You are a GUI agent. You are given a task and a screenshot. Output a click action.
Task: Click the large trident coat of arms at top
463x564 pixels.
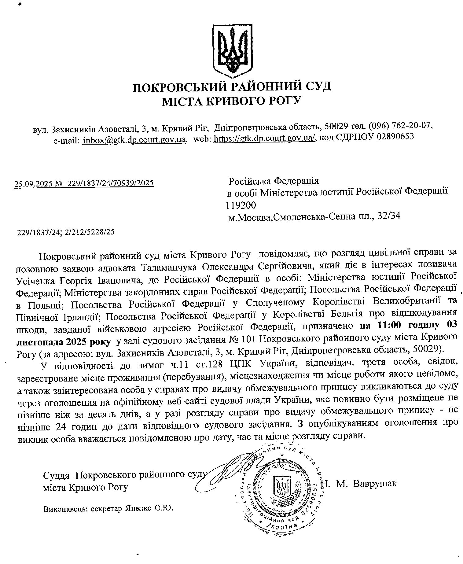click(232, 48)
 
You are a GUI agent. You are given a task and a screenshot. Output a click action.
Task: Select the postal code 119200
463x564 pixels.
click(241, 205)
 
